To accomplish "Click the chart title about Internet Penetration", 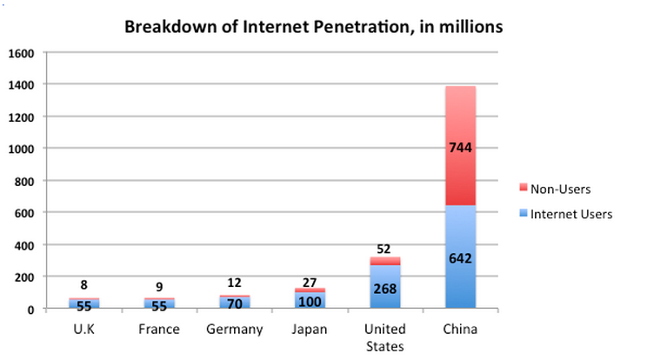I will pos(314,26).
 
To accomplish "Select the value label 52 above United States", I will pos(384,248).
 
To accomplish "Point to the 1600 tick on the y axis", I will pos(21,53).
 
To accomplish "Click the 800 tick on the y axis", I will pos(24,181).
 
